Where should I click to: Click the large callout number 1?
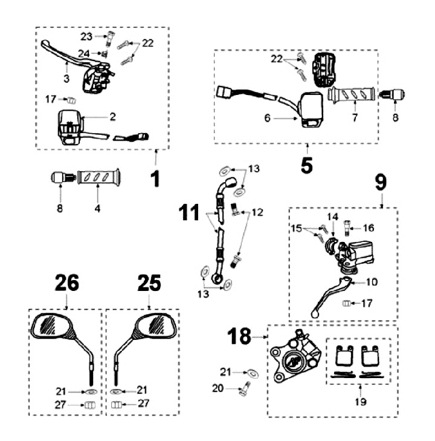(x=155, y=178)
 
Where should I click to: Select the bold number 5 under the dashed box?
(x=307, y=165)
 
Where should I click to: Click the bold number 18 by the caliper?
(x=240, y=336)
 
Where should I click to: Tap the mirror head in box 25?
(x=156, y=327)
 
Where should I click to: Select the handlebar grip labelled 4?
(x=98, y=178)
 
